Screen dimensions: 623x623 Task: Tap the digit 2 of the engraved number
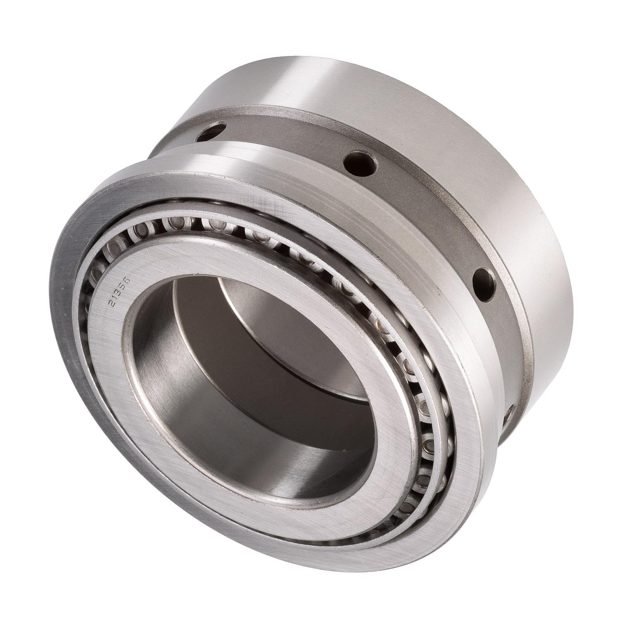tap(112, 303)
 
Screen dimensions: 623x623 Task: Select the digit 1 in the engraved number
tap(115, 297)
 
